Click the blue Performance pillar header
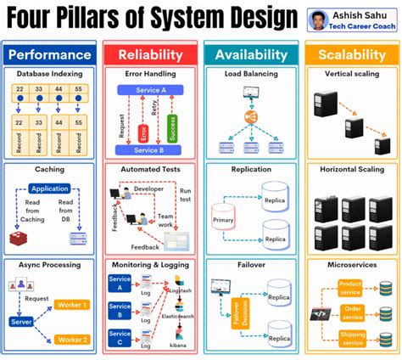click(x=49, y=54)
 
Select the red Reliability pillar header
click(x=150, y=54)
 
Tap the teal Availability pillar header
click(x=251, y=54)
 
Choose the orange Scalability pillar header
click(x=351, y=54)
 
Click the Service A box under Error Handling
click(x=150, y=89)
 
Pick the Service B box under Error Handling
click(x=150, y=150)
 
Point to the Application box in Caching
click(x=49, y=189)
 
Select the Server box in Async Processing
click(x=20, y=322)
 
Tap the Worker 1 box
click(x=72, y=304)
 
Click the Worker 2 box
click(x=72, y=340)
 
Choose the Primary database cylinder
click(x=222, y=218)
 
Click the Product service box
click(x=350, y=287)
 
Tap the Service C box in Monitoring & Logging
click(x=120, y=340)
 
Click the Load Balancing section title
click(x=250, y=74)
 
